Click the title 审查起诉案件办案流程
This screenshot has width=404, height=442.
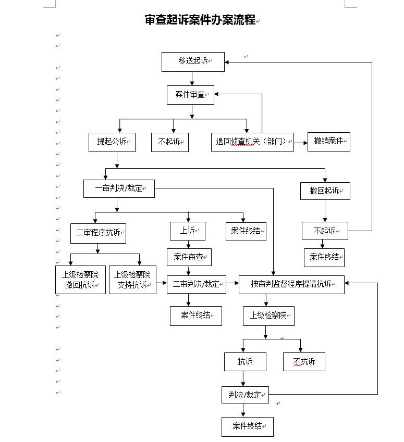point(200,20)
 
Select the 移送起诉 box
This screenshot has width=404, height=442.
point(193,61)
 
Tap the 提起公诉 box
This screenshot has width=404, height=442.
point(112,142)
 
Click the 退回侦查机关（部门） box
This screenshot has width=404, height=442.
point(252,142)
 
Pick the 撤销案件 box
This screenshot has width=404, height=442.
point(328,141)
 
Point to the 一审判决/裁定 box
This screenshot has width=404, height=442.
point(119,188)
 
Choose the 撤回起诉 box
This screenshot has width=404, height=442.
point(325,191)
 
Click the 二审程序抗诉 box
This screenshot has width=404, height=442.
point(98,233)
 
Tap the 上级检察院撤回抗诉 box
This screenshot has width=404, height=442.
point(80,280)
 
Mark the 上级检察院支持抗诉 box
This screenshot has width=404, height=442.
point(132,280)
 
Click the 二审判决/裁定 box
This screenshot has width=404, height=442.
point(196,284)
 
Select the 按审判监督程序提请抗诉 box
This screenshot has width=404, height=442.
point(291,284)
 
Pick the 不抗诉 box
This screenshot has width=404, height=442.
point(304,362)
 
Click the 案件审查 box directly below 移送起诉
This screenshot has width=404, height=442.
point(190,95)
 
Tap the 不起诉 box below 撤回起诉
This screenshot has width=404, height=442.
point(325,231)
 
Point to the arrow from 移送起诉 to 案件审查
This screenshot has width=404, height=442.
point(192,79)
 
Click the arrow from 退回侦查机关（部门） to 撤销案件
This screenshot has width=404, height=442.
point(300,142)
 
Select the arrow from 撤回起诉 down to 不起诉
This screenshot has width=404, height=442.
point(325,211)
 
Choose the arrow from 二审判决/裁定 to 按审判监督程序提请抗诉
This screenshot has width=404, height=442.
point(232,284)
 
